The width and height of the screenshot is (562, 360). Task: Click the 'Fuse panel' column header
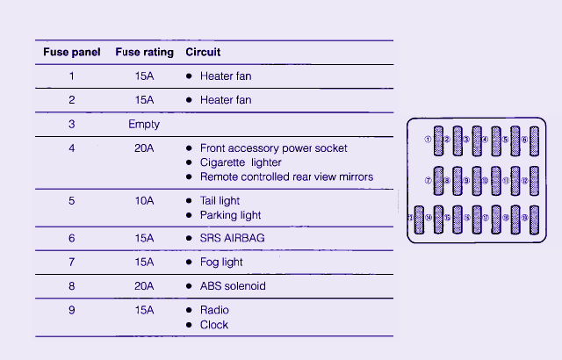coord(72,53)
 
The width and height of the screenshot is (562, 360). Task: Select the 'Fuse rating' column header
coord(144,53)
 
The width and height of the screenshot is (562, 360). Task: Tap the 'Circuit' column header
coord(203,53)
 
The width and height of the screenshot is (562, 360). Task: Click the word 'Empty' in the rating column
coord(144,125)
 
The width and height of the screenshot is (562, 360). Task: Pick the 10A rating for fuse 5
coord(144,201)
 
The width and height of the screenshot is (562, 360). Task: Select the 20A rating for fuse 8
coord(144,286)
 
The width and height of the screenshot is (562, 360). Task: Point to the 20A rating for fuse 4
coord(144,148)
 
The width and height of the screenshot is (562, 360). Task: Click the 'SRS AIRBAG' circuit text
coord(232,238)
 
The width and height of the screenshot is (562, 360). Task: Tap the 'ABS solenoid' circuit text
coord(233,286)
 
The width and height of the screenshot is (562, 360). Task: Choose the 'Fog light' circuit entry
coord(221,262)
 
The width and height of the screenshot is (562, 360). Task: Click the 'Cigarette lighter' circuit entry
coord(241,162)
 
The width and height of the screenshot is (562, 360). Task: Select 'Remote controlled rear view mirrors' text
coord(286,176)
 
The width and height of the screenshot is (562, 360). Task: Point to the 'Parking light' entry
coord(230,215)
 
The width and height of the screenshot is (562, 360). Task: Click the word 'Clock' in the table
coord(214,325)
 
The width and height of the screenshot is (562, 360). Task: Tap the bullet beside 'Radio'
coord(189,310)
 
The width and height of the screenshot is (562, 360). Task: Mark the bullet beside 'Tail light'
coord(189,201)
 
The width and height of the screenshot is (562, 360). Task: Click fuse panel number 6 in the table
coord(72,238)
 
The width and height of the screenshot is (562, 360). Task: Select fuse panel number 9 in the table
coord(72,310)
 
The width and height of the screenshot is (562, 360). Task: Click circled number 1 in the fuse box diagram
coord(428,140)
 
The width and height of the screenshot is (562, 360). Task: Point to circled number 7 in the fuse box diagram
coord(428,181)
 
